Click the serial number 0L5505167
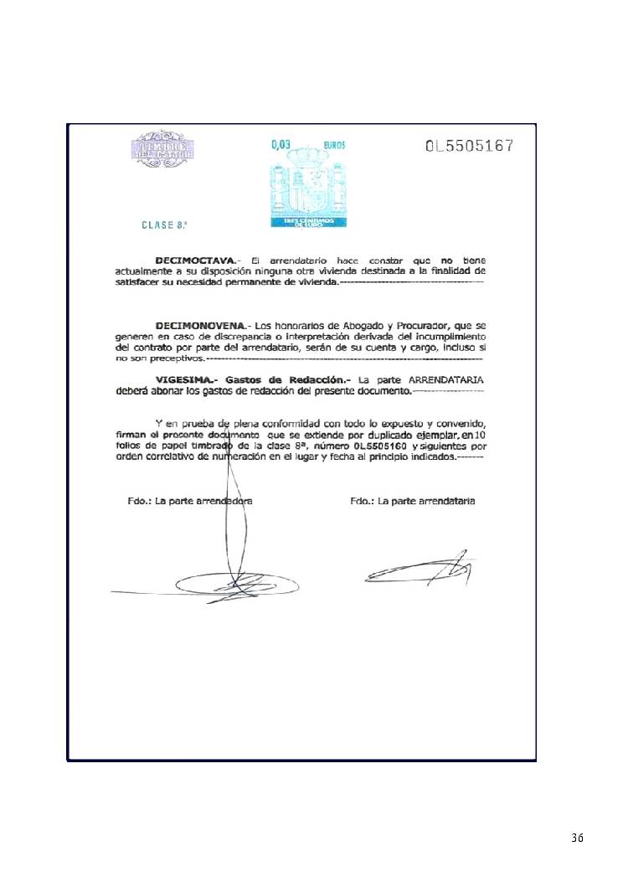[469, 146]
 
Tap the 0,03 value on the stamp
[281, 144]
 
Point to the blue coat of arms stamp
[307, 188]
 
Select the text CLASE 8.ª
[164, 224]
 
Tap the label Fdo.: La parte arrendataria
[413, 501]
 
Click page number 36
[577, 838]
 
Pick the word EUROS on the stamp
[334, 145]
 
